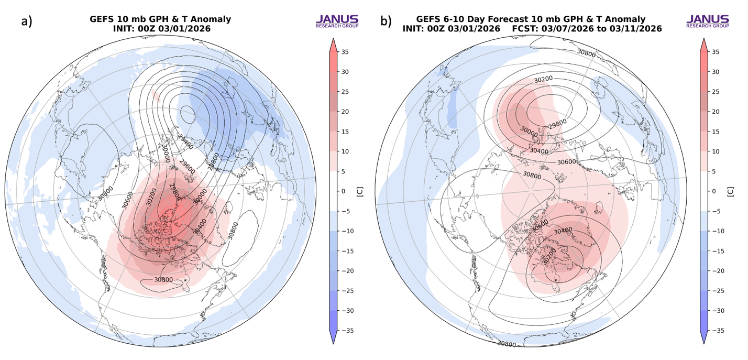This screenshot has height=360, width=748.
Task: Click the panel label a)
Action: click(27, 21)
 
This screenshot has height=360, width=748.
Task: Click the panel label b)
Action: click(386, 21)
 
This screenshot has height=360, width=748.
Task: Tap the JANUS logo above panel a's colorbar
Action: click(337, 21)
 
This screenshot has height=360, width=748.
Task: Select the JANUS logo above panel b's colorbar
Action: click(707, 21)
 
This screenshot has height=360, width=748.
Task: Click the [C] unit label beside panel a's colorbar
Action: click(359, 192)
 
